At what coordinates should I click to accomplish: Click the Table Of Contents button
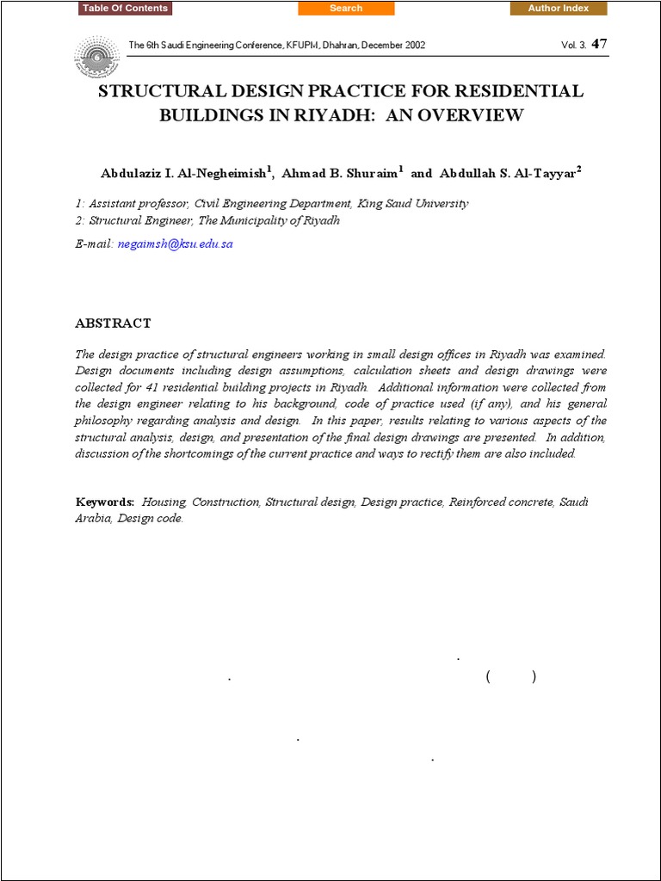tap(126, 9)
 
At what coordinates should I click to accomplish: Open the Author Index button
tap(558, 9)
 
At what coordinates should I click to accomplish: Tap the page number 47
tap(600, 44)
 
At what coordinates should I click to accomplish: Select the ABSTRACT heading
tap(113, 323)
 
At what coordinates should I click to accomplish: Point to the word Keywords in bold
tap(104, 502)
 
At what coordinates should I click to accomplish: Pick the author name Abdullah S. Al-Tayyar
tap(508, 173)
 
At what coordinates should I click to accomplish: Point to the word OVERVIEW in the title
tap(477, 114)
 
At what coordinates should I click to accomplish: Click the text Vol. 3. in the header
tap(574, 46)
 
